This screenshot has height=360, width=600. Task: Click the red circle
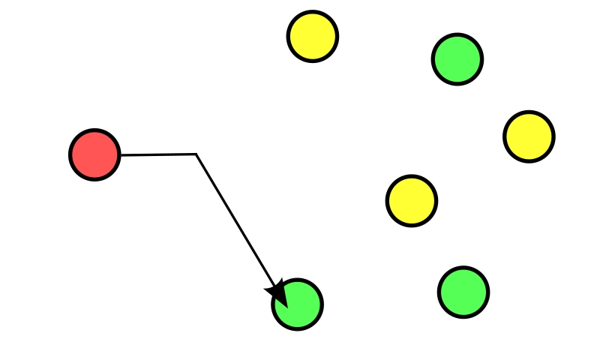[x=94, y=154]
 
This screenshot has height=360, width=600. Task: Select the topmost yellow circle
[x=313, y=36]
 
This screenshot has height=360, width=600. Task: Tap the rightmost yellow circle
[x=529, y=136]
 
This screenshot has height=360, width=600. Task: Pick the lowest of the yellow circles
[x=412, y=201]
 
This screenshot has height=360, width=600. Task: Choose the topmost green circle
[x=457, y=59]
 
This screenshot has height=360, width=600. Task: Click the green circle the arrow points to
[x=298, y=304]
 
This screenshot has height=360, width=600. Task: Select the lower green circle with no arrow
[x=463, y=292]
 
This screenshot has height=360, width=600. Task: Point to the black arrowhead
[x=277, y=292]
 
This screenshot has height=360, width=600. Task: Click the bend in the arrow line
[x=196, y=154]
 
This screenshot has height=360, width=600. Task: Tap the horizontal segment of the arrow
[x=157, y=154]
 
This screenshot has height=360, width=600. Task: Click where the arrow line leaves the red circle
[x=119, y=154]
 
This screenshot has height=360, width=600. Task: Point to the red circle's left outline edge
[x=70, y=154]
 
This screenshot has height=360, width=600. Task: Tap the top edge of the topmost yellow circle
[x=313, y=12]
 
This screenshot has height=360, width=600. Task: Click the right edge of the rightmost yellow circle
[x=553, y=136]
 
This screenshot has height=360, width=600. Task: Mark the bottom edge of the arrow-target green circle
[x=298, y=328]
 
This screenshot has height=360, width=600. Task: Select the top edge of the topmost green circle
[x=457, y=35]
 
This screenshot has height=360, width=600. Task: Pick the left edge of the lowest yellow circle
[x=388, y=201]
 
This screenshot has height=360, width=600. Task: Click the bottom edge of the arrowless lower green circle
[x=463, y=316]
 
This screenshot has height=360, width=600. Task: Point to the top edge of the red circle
[x=94, y=130]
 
